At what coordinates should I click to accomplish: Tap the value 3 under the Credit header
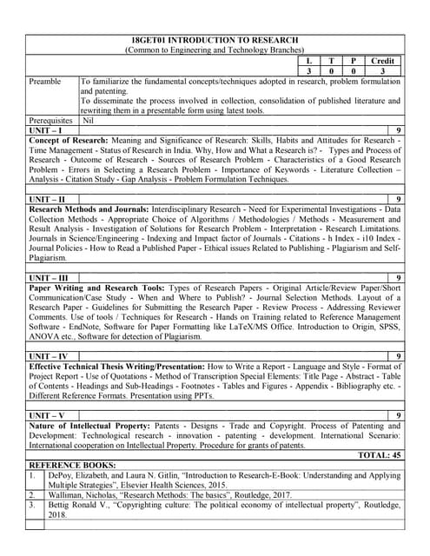(x=382, y=69)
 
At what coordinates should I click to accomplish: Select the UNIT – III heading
(x=50, y=277)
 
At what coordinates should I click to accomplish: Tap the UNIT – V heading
(x=48, y=415)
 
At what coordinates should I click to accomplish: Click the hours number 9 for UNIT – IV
(x=398, y=356)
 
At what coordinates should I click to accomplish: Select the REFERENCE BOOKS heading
(x=69, y=464)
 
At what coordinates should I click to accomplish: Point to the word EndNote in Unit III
(x=95, y=326)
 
